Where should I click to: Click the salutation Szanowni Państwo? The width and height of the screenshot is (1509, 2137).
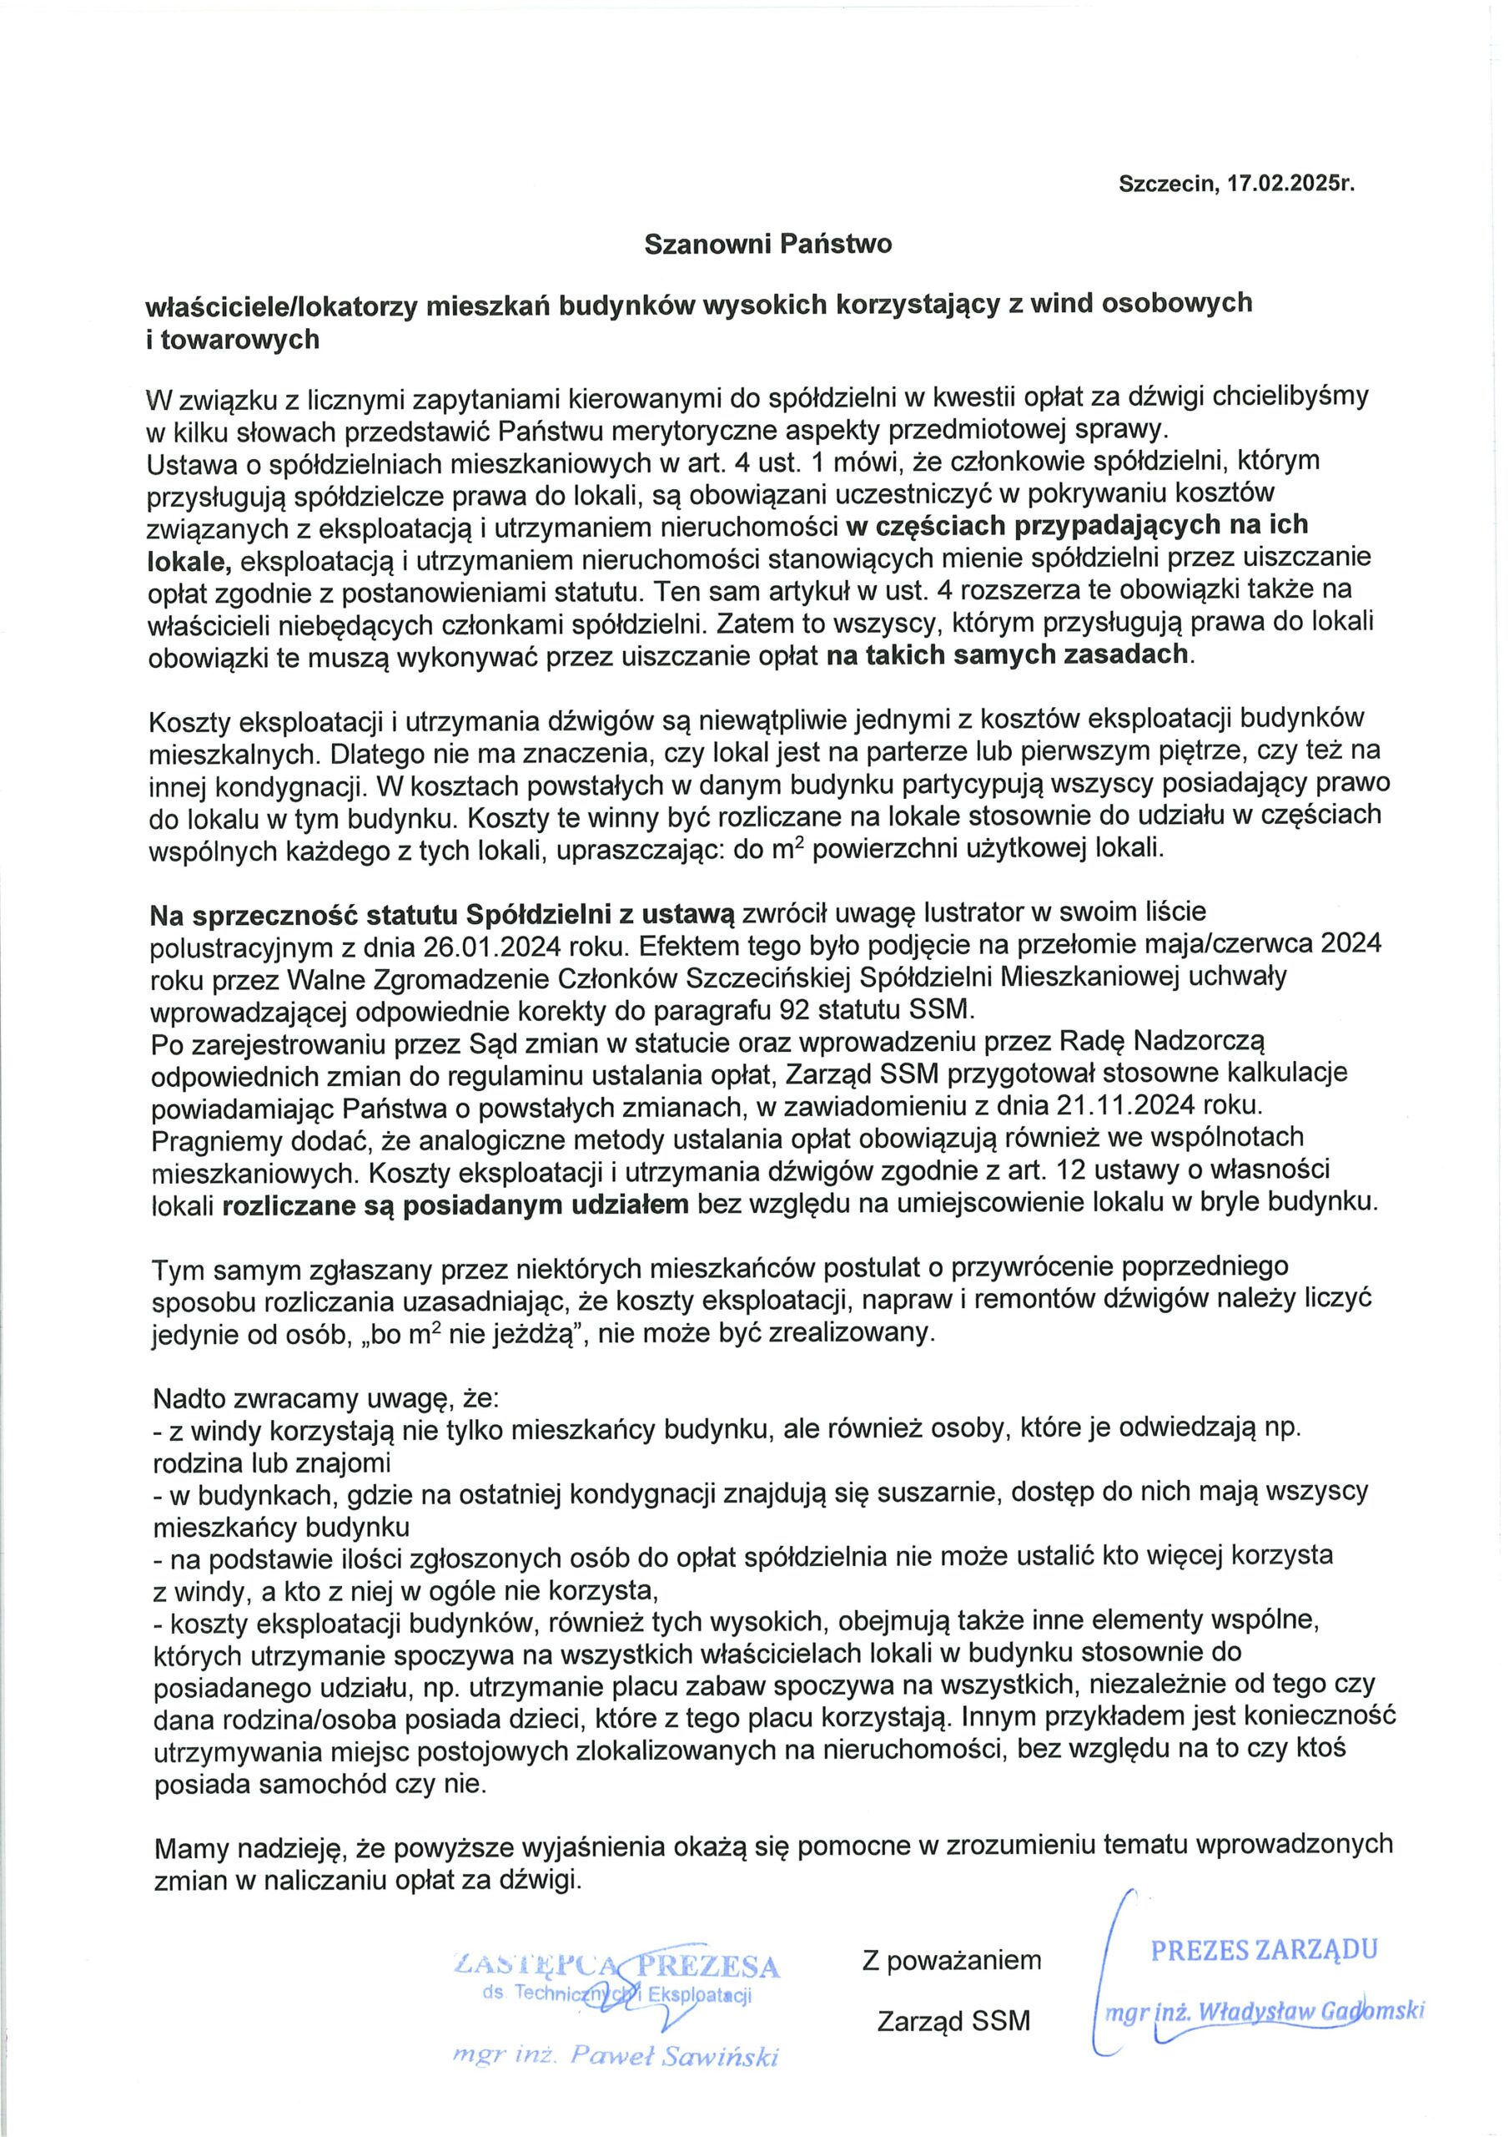pyautogui.click(x=768, y=244)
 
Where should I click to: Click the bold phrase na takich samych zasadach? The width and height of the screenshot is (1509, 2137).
pyautogui.click(x=1008, y=654)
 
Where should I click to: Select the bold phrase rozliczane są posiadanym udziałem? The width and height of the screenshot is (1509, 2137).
pyautogui.click(x=455, y=1204)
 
